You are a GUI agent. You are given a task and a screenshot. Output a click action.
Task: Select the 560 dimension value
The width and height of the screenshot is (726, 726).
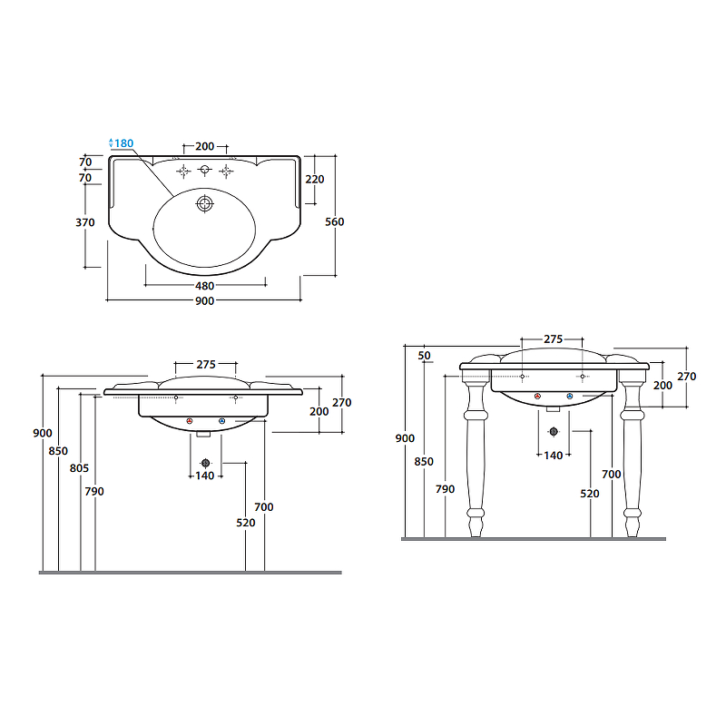point(334,221)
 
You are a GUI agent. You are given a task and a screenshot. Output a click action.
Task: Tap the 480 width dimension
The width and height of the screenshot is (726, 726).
point(205,286)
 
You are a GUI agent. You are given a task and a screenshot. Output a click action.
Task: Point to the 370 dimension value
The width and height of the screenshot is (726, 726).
point(85,222)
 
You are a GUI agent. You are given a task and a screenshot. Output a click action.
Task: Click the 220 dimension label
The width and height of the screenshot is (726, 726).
point(315,180)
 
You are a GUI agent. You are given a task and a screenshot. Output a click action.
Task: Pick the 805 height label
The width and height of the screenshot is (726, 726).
point(79,468)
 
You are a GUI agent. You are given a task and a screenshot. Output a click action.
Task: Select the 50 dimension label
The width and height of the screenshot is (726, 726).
point(424,356)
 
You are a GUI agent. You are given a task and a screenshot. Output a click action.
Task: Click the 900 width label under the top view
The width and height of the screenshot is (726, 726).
point(205,301)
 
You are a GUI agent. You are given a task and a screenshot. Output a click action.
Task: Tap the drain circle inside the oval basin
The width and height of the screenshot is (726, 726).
point(205,203)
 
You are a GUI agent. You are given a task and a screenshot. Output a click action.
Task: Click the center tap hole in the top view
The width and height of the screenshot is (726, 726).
point(205,170)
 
